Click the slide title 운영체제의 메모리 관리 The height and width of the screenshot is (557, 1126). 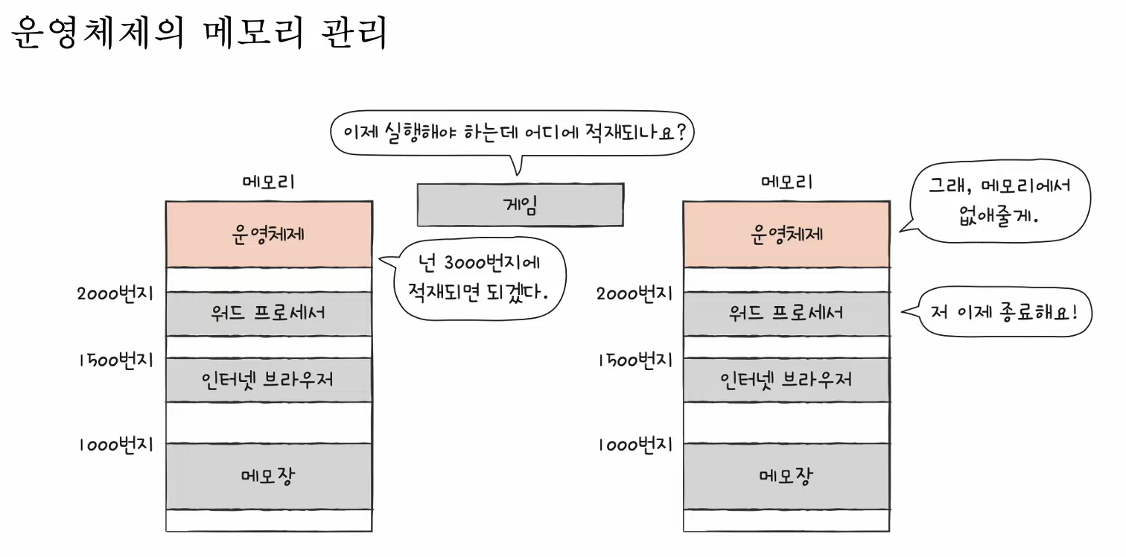pos(200,33)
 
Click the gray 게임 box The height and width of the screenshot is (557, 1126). pos(521,205)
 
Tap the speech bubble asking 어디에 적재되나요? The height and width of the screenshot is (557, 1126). pos(512,134)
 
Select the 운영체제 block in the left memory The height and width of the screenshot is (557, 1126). pos(269,235)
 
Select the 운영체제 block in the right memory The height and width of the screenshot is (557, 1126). pos(786,235)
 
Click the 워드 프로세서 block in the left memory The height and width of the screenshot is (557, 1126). pos(269,313)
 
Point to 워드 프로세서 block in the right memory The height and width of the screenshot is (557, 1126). pos(786,313)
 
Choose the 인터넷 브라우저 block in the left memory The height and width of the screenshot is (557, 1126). pos(269,380)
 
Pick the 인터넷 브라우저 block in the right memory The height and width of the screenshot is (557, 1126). pos(786,380)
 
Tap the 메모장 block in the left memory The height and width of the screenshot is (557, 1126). pos(269,476)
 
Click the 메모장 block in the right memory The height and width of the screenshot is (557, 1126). pos(786,476)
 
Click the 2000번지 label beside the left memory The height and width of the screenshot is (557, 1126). pos(115,293)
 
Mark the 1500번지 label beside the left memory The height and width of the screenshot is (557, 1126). pos(115,360)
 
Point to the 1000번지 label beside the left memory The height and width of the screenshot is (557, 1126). pos(115,445)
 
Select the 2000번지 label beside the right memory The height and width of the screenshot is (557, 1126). pos(634,293)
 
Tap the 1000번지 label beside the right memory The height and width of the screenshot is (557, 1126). pos(635,445)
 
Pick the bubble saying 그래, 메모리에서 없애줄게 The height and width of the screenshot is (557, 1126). pos(998,202)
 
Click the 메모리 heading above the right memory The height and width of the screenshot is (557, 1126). pos(786,182)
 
